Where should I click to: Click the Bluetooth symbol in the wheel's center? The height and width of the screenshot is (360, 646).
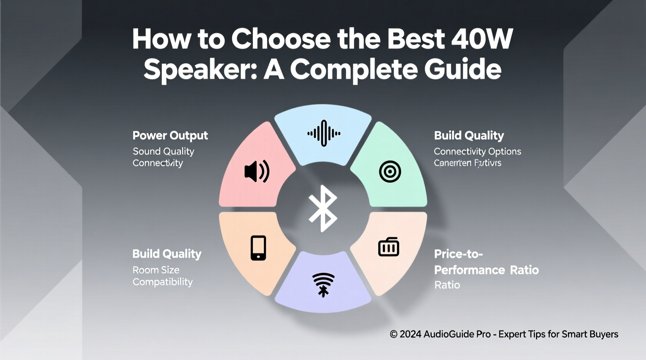[323, 208]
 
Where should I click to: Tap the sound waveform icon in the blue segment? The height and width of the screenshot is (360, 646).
[324, 133]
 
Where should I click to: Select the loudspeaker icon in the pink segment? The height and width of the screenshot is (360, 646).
[257, 171]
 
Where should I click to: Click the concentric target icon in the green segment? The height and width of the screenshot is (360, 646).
[390, 171]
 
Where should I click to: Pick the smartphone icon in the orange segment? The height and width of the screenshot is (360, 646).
[258, 248]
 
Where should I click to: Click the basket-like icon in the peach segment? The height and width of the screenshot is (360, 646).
[389, 247]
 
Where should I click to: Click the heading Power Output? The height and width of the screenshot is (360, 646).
[170, 135]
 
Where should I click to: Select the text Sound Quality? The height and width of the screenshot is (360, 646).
[163, 151]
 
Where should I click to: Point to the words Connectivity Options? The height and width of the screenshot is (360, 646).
[477, 151]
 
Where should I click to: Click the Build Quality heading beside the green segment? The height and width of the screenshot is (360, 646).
[469, 135]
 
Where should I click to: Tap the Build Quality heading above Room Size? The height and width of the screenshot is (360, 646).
[167, 254]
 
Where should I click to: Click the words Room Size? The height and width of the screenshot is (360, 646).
[156, 270]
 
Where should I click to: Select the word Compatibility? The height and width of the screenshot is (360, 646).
[163, 282]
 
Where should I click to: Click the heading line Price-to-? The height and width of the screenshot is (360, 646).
[458, 254]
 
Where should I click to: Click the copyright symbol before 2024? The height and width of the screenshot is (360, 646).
[394, 334]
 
